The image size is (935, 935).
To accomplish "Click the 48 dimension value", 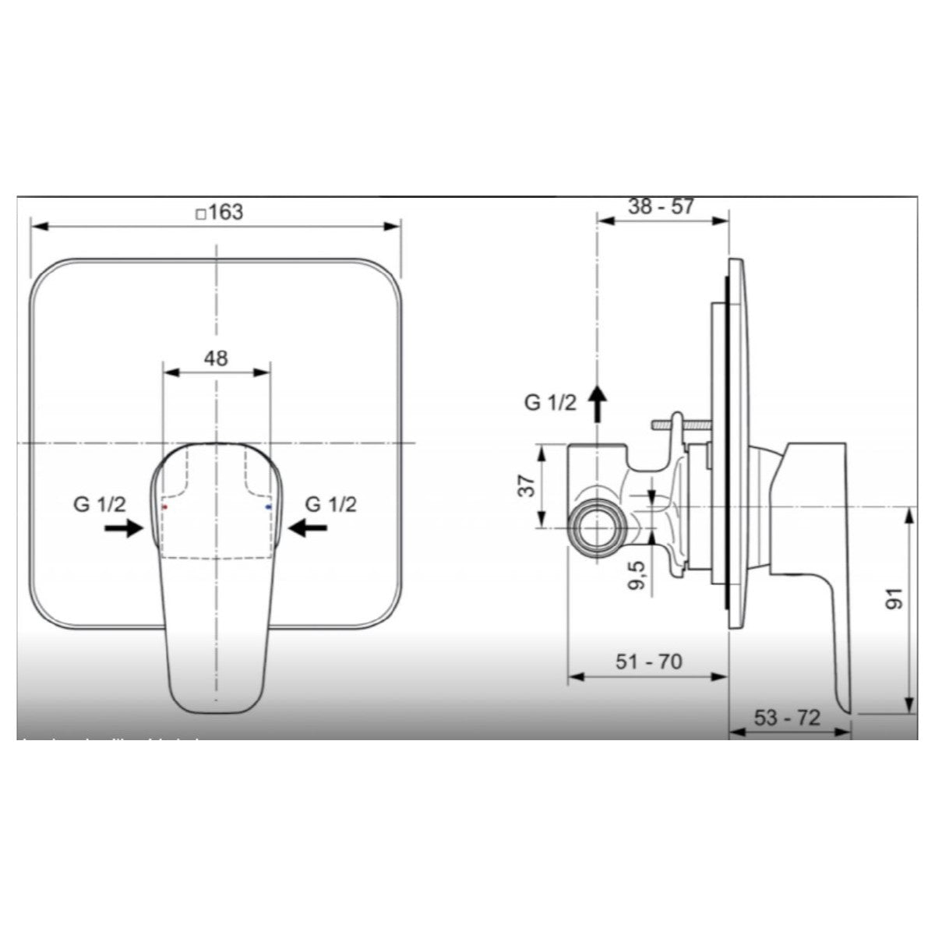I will click(x=216, y=358).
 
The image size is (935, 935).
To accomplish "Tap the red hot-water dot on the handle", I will click(x=164, y=507).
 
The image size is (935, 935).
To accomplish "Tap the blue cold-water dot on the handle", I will click(x=268, y=507).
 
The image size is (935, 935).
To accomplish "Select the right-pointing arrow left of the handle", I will click(x=125, y=529).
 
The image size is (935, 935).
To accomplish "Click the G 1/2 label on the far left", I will click(x=99, y=504).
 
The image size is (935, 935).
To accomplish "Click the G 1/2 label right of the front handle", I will click(x=331, y=504).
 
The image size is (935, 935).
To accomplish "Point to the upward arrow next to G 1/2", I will click(x=597, y=402).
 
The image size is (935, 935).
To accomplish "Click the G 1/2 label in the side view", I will click(x=550, y=403).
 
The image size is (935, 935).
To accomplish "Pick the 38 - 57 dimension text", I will click(x=661, y=206).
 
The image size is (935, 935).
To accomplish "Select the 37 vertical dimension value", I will click(x=529, y=487).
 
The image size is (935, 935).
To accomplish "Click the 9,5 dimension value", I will click(x=639, y=575).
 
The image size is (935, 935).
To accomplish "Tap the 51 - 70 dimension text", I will click(x=648, y=662).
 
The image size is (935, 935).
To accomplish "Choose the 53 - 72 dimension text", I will click(x=787, y=718).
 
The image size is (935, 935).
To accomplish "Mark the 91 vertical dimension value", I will click(x=895, y=598).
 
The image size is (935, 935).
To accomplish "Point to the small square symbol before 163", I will click(x=200, y=213).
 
